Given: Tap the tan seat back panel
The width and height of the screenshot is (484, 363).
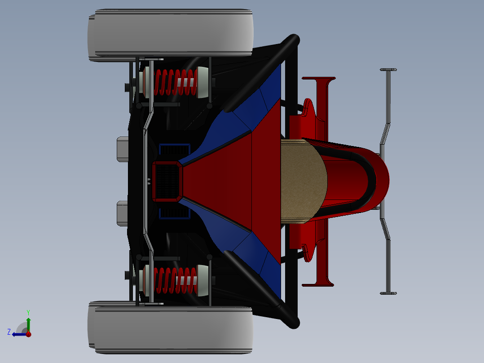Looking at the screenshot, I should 303,181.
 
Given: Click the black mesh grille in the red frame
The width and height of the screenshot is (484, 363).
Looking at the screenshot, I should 167,181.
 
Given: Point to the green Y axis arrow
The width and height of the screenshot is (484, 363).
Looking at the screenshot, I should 28,322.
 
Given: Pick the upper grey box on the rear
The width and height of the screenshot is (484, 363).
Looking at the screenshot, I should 123,149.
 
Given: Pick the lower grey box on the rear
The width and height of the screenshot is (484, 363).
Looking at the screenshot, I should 123,213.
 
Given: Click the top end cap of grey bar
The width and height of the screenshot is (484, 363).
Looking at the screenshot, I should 388,70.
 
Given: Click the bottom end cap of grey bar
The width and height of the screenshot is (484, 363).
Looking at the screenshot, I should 388,293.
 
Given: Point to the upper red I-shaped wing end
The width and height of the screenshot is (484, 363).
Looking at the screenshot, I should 319,79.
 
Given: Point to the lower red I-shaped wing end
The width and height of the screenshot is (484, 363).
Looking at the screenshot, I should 319,284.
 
